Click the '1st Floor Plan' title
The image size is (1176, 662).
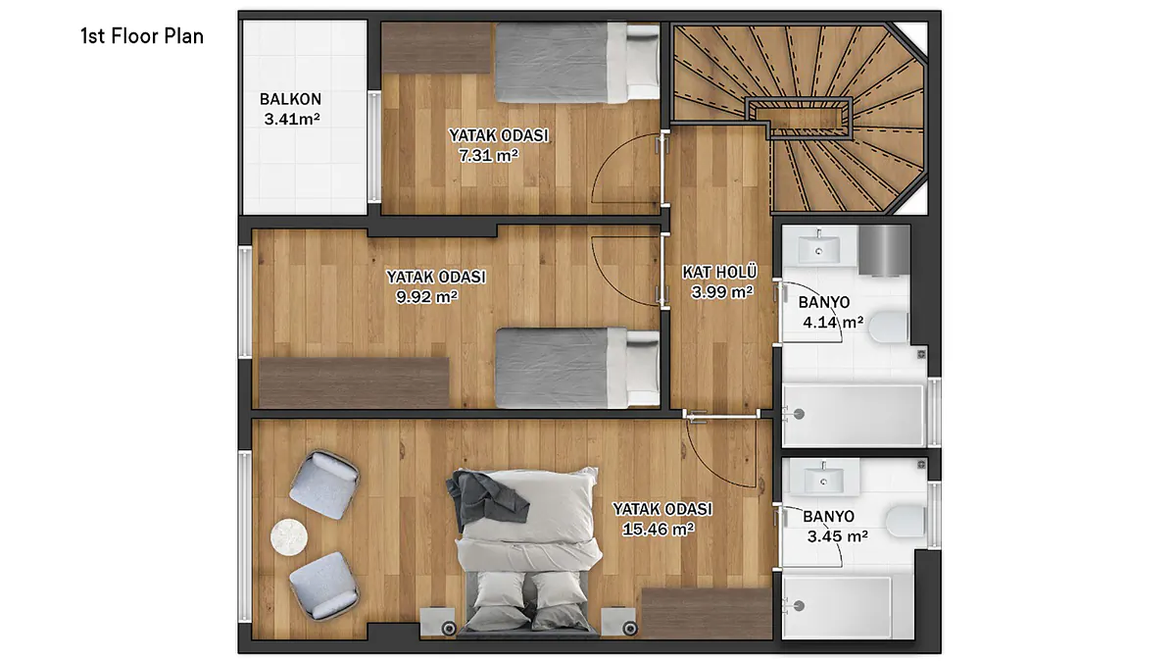[x=142, y=36]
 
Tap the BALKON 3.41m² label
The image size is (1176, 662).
[x=291, y=109]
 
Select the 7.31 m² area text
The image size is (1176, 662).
[x=489, y=156]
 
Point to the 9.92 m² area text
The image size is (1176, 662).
[x=427, y=297]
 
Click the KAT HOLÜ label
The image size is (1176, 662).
[x=719, y=273]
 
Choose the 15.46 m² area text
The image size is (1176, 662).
[x=659, y=529]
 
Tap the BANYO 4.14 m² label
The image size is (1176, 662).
[x=832, y=312]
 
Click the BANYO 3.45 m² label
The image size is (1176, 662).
[x=836, y=527]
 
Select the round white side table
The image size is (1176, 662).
[x=289, y=536]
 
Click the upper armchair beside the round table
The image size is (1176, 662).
[x=324, y=484]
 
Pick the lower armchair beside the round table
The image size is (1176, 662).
[x=324, y=586]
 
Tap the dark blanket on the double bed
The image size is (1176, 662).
[x=486, y=499]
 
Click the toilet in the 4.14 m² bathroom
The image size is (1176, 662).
[x=888, y=327]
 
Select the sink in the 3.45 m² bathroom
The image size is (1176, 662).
[x=824, y=478]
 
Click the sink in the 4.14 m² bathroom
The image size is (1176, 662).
[x=818, y=248]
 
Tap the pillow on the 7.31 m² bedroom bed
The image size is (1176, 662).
[x=643, y=62]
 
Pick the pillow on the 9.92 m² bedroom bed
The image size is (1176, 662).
[x=643, y=368]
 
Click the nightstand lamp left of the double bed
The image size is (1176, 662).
[x=449, y=628]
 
